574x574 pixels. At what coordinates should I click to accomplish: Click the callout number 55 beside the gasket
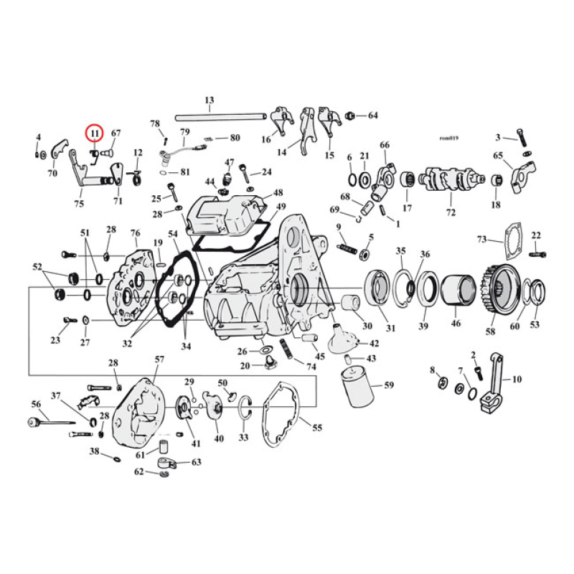click(x=316, y=428)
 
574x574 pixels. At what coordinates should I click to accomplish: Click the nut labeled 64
click(x=350, y=116)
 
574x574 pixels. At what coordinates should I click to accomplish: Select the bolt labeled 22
click(x=538, y=253)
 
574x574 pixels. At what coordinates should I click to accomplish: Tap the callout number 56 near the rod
click(x=35, y=405)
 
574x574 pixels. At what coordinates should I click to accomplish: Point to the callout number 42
click(x=375, y=344)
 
